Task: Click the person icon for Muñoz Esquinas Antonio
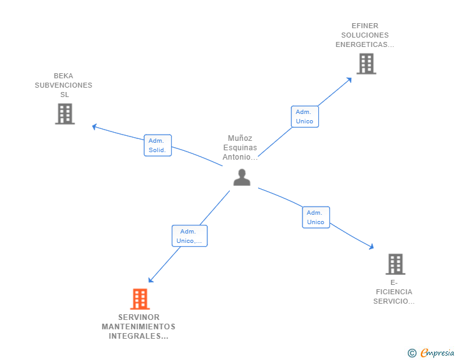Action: [242, 178]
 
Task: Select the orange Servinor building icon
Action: [140, 299]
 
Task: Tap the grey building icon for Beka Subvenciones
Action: [65, 114]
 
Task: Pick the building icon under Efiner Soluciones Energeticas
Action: [366, 64]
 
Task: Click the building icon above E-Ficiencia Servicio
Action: [395, 264]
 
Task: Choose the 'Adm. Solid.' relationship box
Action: [157, 145]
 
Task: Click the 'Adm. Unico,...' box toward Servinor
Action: [189, 236]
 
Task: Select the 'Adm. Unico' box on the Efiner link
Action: [304, 116]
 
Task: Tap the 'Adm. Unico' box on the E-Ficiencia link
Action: [316, 217]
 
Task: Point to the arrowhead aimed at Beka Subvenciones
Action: [95, 127]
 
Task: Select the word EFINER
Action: [365, 26]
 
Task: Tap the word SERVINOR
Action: [138, 317]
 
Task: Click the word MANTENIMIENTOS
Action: [138, 327]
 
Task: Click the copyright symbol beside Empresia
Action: [412, 353]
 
